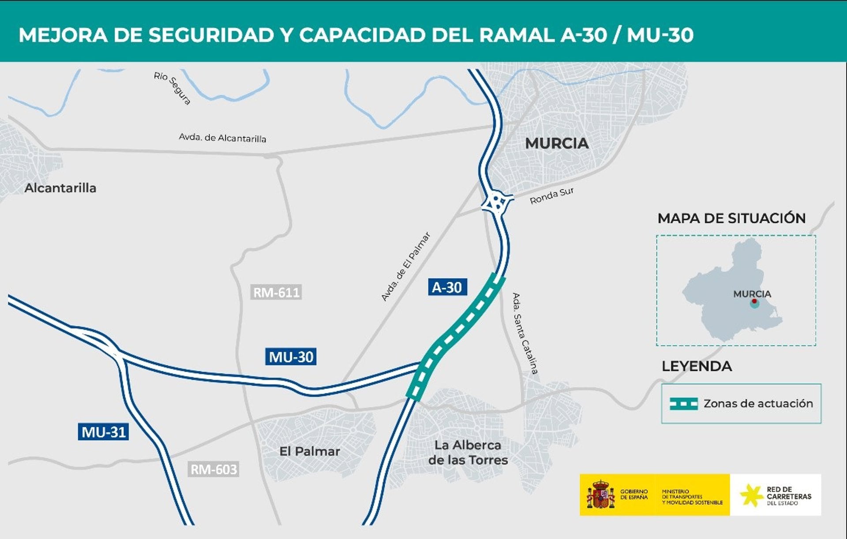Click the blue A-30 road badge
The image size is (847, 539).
tap(447, 287)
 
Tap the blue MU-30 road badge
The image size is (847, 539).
tap(291, 357)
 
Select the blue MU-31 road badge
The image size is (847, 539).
tap(104, 432)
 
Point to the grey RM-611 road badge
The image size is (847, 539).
tap(276, 292)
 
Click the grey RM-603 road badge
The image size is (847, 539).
tap(214, 469)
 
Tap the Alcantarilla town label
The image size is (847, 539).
tap(60, 188)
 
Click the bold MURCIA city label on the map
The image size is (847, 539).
tap(557, 143)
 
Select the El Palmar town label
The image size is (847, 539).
tap(310, 451)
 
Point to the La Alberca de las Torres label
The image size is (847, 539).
tap(468, 452)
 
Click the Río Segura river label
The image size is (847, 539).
tap(172, 88)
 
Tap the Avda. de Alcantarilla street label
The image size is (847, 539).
tap(222, 138)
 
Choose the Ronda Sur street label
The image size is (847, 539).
tap(551, 196)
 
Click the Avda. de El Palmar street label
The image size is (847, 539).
tap(405, 267)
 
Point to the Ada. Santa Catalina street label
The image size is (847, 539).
tap(525, 333)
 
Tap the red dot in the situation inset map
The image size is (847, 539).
tap(754, 301)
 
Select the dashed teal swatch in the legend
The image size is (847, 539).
tap(683, 403)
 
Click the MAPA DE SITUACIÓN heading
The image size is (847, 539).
tap(731, 218)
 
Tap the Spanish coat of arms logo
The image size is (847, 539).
tap(600, 495)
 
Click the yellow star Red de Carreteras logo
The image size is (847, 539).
tap(752, 495)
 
